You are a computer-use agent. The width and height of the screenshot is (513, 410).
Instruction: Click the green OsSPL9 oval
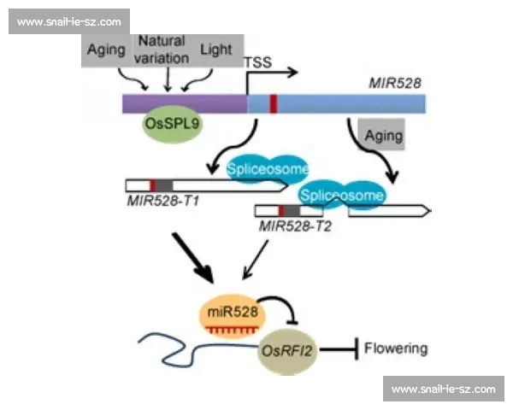(x=173, y=124)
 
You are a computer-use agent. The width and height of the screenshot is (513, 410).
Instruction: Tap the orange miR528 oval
(x=233, y=316)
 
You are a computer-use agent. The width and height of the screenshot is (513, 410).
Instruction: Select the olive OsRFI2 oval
(x=287, y=351)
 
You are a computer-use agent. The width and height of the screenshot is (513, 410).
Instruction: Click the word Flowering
(x=396, y=348)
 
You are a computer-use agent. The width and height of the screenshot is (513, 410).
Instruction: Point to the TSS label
(x=258, y=62)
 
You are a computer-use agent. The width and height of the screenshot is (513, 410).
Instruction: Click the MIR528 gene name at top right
(x=395, y=83)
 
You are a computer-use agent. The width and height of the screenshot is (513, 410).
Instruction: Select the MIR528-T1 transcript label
(x=163, y=201)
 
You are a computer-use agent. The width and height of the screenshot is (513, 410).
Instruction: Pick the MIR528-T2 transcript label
(x=295, y=225)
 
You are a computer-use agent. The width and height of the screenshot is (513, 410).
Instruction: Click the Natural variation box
(x=162, y=50)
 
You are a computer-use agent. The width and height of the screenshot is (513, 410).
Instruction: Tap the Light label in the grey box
(x=216, y=50)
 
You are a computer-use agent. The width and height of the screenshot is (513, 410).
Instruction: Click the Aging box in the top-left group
(x=106, y=50)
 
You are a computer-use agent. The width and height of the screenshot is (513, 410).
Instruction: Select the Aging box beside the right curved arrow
(x=381, y=134)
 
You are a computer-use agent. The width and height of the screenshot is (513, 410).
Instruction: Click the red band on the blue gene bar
(x=274, y=103)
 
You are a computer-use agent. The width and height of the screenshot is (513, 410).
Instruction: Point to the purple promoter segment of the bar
(x=185, y=103)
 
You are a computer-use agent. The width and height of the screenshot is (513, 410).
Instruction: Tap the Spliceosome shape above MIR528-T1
(x=268, y=169)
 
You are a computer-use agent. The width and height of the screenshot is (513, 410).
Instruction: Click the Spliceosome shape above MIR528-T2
(x=342, y=196)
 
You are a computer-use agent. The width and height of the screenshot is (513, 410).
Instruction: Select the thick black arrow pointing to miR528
(x=193, y=258)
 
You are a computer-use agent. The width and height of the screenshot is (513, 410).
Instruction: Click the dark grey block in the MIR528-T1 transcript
(x=164, y=185)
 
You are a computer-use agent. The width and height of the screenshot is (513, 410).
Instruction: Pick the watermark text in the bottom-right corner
(x=443, y=389)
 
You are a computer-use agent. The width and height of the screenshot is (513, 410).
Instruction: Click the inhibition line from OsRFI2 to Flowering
(x=339, y=350)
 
